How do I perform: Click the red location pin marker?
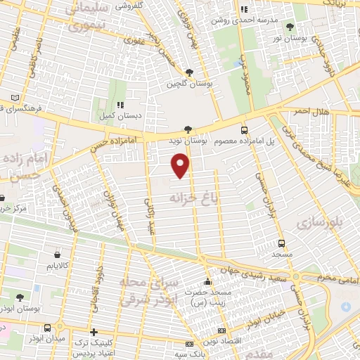pos(181,166)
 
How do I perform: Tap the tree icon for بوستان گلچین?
pos(188,72)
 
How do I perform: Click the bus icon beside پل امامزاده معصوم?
pos(244,130)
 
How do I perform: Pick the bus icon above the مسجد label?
pos(281,243)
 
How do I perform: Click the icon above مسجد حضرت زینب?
pos(205,281)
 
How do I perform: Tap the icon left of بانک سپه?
pos(188,344)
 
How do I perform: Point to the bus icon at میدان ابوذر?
pos(47,328)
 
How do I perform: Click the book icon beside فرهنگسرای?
pos(15,98)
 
